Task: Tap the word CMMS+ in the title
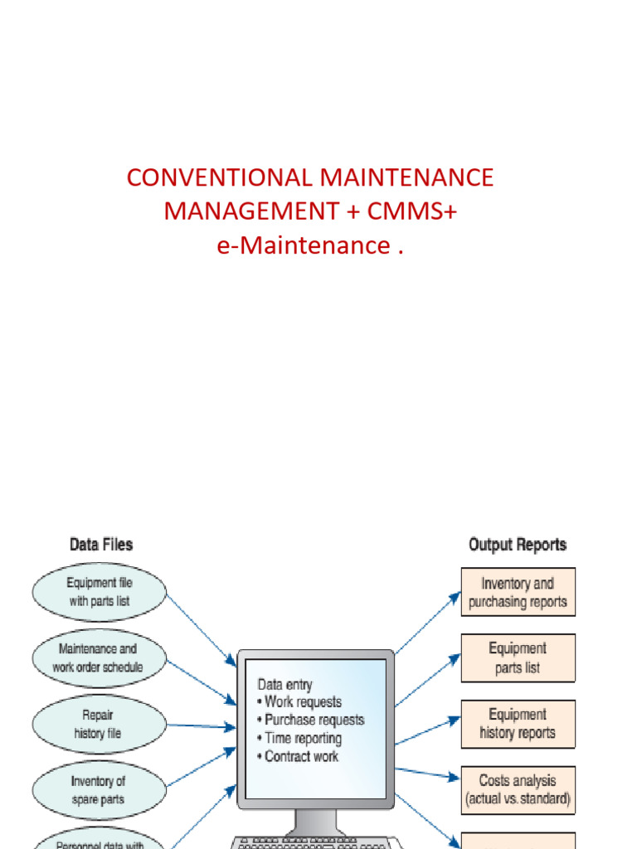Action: point(412,211)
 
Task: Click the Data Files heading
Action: point(100,545)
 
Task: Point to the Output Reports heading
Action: point(518,545)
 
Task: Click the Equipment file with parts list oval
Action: point(100,592)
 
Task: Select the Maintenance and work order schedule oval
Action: point(100,658)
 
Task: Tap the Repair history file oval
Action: point(100,724)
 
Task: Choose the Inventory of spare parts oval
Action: point(100,788)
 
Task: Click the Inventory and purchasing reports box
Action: point(518,592)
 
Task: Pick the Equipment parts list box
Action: point(518,657)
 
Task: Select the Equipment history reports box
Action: point(518,724)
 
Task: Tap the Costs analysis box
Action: point(518,789)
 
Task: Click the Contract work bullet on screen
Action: point(301,756)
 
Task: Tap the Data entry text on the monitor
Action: point(285,685)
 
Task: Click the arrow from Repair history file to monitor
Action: point(202,726)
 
